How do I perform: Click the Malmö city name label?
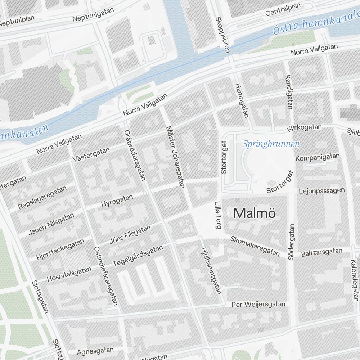coord(255,213)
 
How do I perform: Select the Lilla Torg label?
coord(218,215)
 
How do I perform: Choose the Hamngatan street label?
coord(242,100)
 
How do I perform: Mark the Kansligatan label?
coord(288,92)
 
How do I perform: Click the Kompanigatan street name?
coord(318,157)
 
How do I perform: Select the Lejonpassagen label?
coord(322,190)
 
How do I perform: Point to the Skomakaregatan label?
coord(255,246)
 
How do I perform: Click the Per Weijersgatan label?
coord(258,305)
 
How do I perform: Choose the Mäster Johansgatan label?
coord(175,157)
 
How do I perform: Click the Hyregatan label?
coord(117,201)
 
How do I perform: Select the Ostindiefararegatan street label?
coord(106,276)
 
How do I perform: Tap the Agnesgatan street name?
coord(95,350)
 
